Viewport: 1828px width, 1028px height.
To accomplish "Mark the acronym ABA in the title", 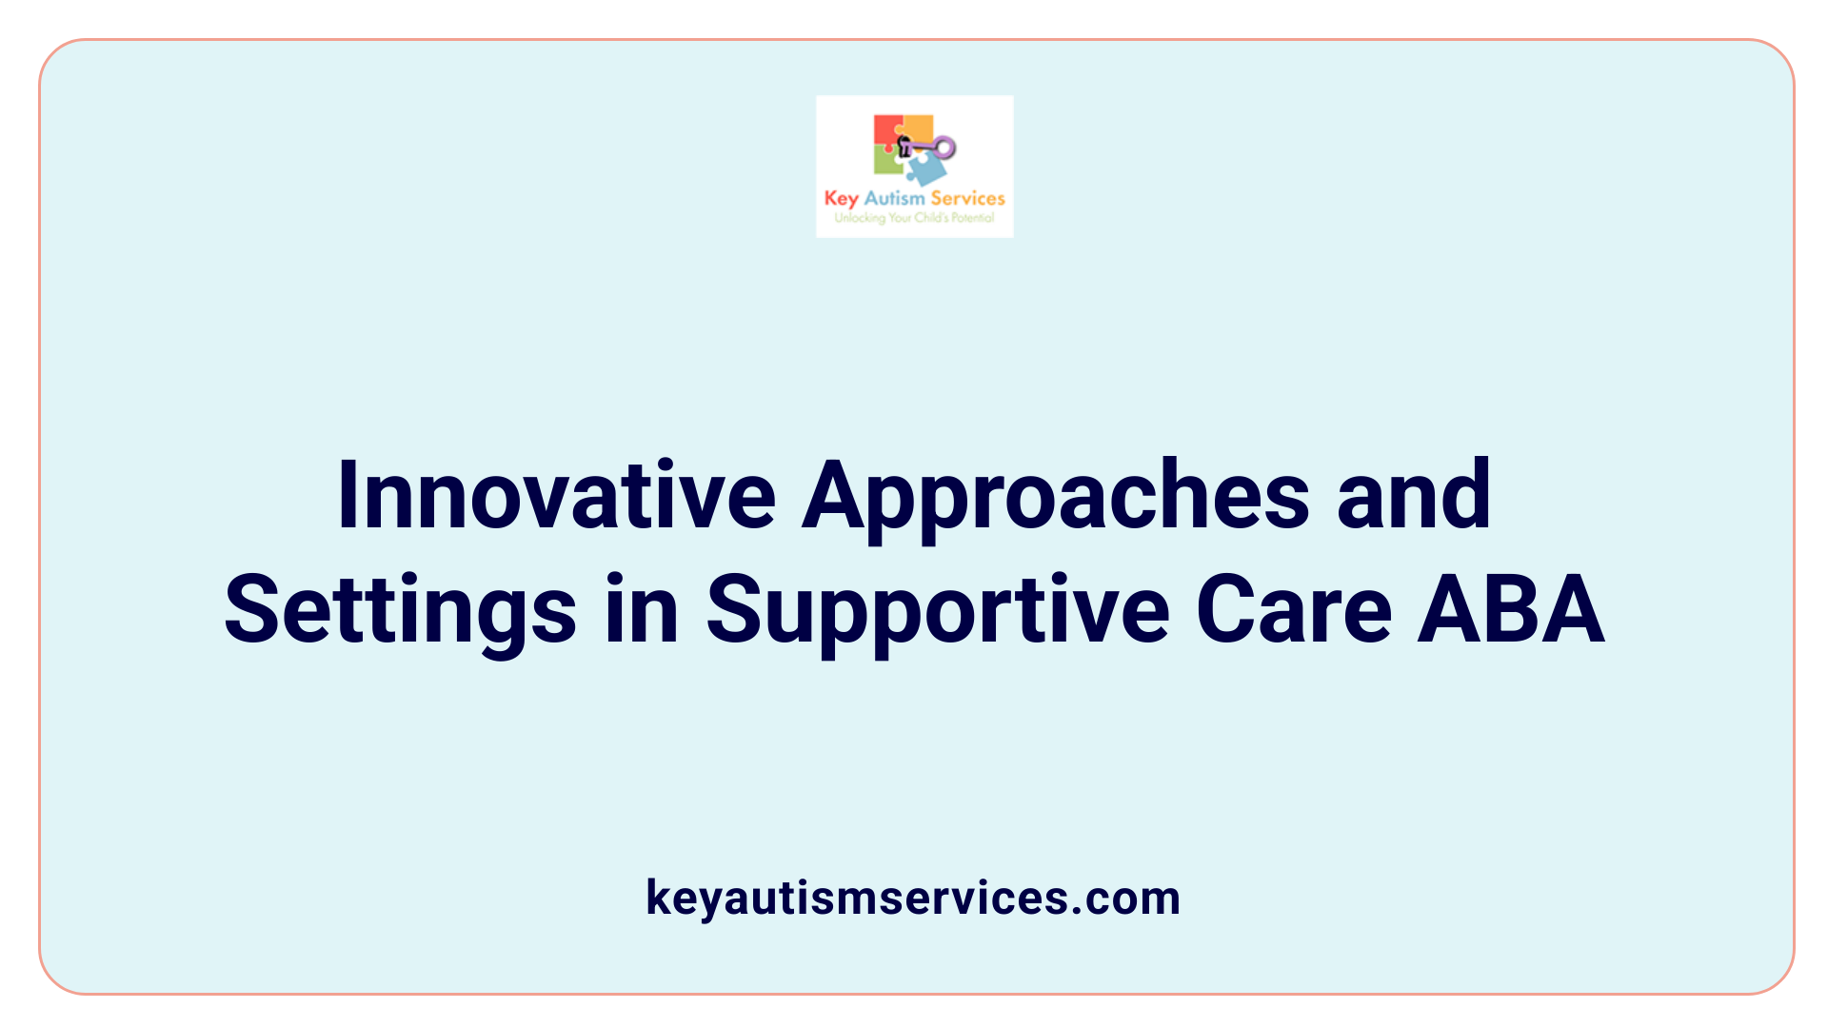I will pos(1511,609).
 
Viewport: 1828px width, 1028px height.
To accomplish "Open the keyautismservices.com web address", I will pos(913,898).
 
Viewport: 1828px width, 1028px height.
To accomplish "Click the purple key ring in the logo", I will pos(944,147).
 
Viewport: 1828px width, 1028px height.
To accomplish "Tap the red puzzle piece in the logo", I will pos(885,131).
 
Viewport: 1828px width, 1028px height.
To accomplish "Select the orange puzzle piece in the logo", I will pos(918,129).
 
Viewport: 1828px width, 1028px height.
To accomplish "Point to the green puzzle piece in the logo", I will pos(887,162).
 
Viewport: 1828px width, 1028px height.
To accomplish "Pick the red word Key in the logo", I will pos(842,199).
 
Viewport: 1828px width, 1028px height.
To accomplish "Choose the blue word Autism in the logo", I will pos(894,198).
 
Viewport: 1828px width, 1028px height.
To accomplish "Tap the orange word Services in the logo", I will pos(967,198).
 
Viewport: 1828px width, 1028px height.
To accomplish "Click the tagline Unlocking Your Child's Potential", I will pos(914,218).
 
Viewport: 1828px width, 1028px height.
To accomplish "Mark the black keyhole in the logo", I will pos(904,146).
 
